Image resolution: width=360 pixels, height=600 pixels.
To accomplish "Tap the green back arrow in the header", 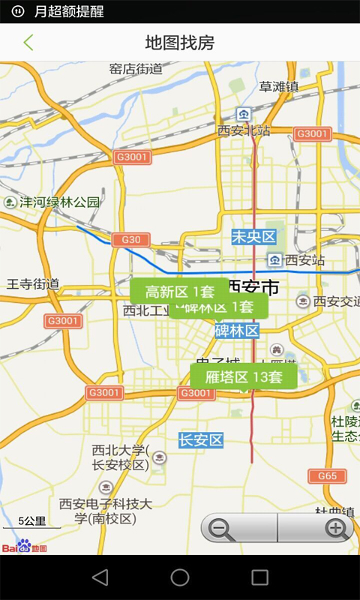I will click(x=28, y=43).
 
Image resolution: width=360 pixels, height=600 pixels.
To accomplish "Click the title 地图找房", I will click(x=180, y=43).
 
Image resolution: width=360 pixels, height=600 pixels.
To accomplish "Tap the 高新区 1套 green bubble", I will click(x=180, y=291).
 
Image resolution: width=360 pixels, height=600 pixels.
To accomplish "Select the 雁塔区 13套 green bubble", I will click(x=244, y=377).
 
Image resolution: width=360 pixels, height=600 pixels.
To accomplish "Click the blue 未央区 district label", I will click(x=253, y=238).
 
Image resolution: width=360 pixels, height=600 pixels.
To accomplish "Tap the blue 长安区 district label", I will click(x=201, y=440).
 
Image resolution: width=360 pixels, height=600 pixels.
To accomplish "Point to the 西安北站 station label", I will click(x=244, y=130).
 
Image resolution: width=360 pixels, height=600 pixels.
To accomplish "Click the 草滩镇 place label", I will click(x=279, y=87).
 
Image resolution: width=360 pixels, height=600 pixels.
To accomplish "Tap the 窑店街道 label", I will click(x=136, y=69).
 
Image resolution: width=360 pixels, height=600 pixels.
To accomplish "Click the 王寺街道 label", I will click(x=33, y=284).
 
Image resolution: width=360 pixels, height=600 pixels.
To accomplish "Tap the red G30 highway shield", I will click(x=130, y=240).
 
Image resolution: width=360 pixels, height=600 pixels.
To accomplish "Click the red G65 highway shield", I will click(x=327, y=476).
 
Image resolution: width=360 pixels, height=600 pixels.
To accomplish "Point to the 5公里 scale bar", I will click(x=32, y=523).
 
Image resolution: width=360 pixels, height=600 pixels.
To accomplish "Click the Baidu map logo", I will click(x=24, y=547).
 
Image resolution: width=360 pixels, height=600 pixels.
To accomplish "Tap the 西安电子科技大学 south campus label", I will click(x=105, y=511).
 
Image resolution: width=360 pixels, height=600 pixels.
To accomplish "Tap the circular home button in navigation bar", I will click(x=180, y=577).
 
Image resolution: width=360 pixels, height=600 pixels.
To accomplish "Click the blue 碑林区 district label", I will click(x=237, y=331).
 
